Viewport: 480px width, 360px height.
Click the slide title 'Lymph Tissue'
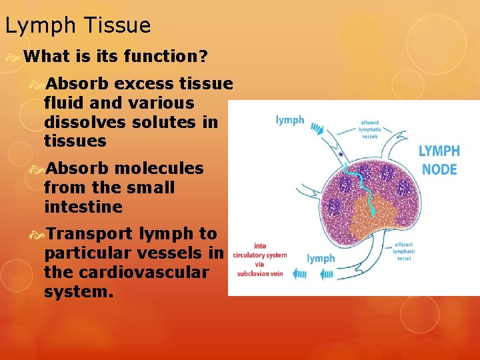click(x=77, y=26)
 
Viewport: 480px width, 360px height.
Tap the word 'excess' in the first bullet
click(x=147, y=85)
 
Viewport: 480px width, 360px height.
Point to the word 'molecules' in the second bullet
click(x=161, y=169)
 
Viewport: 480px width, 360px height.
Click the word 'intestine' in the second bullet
click(x=83, y=207)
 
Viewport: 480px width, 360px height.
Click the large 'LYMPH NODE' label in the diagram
click(x=439, y=160)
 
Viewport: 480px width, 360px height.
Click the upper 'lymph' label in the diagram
click(x=290, y=120)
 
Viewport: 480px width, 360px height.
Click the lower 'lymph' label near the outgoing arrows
click(x=321, y=258)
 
